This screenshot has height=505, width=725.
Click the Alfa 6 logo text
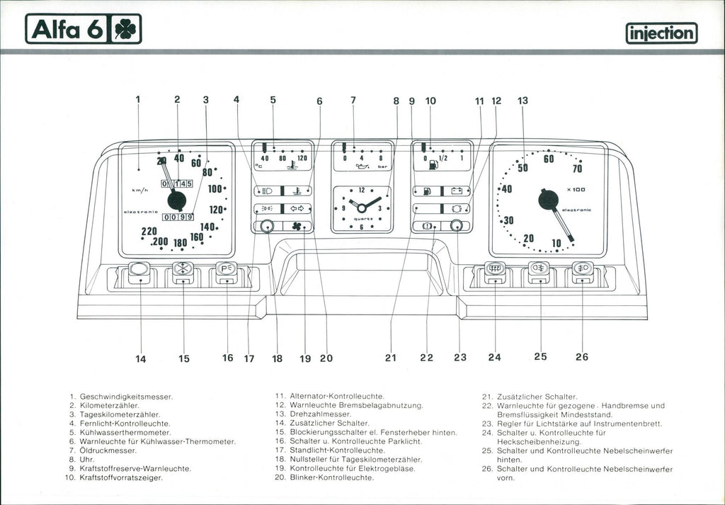[x=66, y=30]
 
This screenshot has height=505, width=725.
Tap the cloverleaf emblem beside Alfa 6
[x=125, y=30]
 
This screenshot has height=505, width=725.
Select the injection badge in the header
[x=661, y=33]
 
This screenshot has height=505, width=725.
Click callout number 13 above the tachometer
[x=523, y=101]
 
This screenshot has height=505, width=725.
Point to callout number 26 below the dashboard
[x=581, y=357]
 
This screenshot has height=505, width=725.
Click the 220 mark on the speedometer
[x=149, y=231]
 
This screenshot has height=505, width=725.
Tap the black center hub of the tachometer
[x=548, y=200]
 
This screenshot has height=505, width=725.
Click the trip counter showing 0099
[x=177, y=217]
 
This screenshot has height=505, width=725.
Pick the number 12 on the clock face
[x=362, y=190]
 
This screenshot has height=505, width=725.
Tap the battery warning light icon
[x=457, y=191]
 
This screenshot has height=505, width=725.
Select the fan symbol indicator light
[x=297, y=227]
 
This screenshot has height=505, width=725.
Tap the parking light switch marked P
[x=227, y=269]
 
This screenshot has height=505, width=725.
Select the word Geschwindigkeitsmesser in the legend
[x=126, y=396]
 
